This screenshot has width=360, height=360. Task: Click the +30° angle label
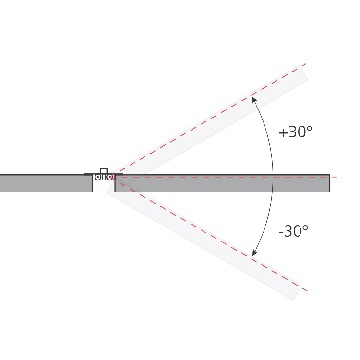tap(296, 132)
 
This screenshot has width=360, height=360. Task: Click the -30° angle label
tap(293, 231)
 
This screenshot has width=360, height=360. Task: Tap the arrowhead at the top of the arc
tap(254, 100)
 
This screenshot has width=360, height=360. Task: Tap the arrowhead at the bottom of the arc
tap(255, 252)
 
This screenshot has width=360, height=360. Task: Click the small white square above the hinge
tap(104, 171)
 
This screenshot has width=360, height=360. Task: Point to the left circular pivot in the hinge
tap(97, 177)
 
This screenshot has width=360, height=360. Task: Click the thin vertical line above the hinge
tap(104, 90)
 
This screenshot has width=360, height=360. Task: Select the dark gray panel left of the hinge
tap(46, 183)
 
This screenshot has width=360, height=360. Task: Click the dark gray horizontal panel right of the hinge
tap(222, 183)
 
